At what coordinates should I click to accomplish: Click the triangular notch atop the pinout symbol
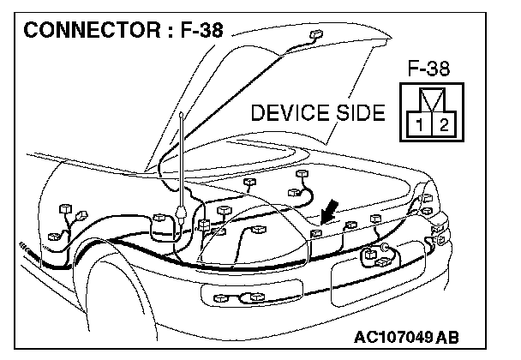click(x=430, y=96)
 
